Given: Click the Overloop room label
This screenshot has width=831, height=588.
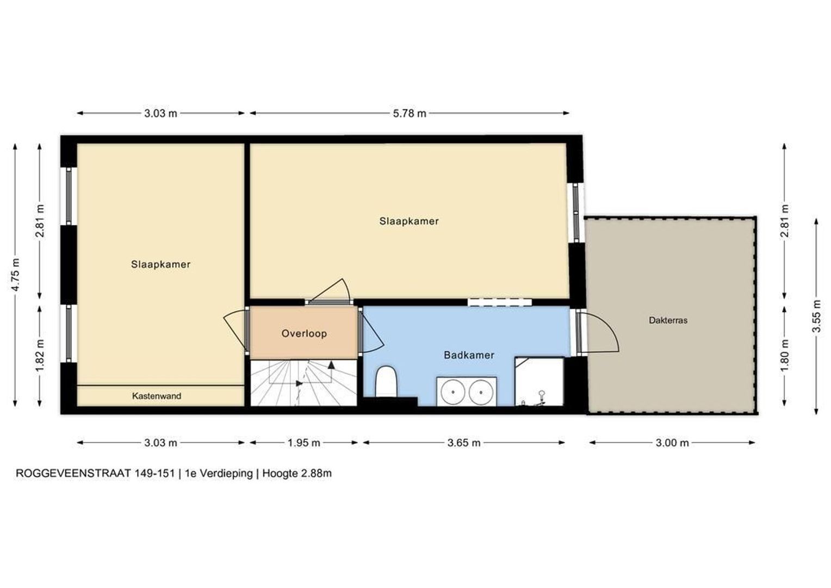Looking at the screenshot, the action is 304,334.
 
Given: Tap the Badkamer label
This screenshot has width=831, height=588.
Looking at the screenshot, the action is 469,355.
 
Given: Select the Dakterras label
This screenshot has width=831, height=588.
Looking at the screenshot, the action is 668,320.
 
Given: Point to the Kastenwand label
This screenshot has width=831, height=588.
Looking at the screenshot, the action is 157,396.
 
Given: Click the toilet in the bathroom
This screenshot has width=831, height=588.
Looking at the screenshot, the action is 386,381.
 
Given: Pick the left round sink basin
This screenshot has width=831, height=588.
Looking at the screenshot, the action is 453,392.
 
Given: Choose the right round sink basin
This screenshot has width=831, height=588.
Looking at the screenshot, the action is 481,392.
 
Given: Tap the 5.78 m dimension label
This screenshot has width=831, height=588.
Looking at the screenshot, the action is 410,113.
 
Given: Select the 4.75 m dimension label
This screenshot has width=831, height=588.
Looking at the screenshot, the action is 15,275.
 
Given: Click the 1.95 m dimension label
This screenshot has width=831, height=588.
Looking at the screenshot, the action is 304,443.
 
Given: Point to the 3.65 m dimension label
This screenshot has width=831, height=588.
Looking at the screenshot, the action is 464,443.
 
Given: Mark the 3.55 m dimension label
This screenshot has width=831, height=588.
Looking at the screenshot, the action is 816,316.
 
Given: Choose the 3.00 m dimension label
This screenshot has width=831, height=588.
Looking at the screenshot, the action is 672,443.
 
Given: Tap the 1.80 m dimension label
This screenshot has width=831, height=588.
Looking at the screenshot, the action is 785,356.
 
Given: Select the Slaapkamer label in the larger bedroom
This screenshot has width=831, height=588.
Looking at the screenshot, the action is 409,222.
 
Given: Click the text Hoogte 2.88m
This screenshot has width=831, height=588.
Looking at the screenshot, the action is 297,474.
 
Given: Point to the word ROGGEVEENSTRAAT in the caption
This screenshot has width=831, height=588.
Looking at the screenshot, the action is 73,474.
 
